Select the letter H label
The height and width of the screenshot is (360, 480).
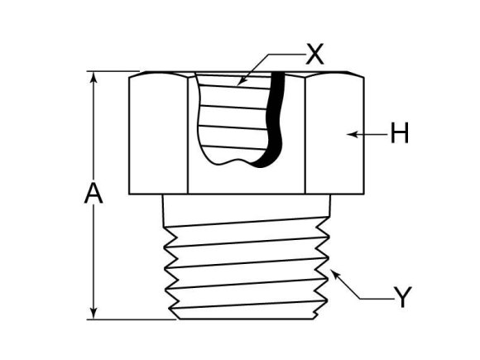click(x=400, y=133)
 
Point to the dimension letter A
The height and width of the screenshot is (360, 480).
click(x=94, y=195)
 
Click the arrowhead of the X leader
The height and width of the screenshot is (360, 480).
click(x=241, y=82)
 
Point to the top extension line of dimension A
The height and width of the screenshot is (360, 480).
click(x=112, y=72)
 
